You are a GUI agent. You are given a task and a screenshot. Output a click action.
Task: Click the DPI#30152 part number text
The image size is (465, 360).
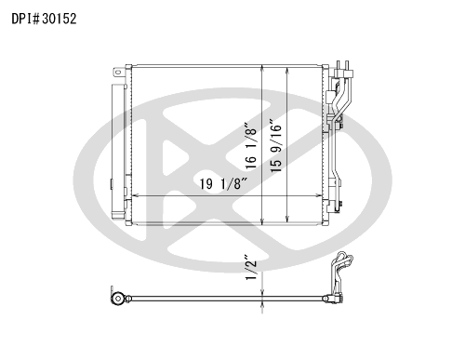coord(44,19)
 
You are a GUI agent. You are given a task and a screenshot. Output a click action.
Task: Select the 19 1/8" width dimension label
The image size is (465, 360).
coord(223,184)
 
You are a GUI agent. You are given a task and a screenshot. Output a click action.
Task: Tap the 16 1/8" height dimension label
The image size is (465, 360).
coord(251,146)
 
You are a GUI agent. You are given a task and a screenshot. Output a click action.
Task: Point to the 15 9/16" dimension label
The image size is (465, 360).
coord(276,146)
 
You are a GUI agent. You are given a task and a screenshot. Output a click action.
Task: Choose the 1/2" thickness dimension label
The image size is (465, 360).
coord(251,268)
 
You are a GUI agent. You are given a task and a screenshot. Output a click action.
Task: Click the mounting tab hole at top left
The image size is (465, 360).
coord(117,73)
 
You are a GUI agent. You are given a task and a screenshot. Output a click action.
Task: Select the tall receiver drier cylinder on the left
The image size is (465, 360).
coord(118,152)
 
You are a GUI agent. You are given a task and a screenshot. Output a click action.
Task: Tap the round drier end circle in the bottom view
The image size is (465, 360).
coord(118,299)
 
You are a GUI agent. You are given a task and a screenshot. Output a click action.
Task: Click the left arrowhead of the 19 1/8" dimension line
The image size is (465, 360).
coord(136,195)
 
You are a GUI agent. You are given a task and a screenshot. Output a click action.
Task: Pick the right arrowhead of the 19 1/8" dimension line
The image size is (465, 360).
coord(319,195)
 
